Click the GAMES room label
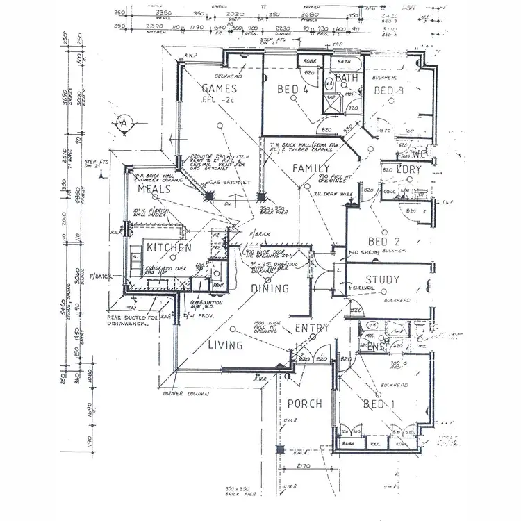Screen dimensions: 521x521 coord(219,89)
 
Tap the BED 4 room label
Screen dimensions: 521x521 coord(292,90)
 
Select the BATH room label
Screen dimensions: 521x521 coord(346,78)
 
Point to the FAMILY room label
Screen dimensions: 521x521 coord(310,169)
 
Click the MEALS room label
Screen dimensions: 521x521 coord(154,189)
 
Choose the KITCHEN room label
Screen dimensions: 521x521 coord(169,248)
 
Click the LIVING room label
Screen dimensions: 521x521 coord(225,345)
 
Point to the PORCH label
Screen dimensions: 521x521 coord(304,404)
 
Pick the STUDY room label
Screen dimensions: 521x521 coord(381,281)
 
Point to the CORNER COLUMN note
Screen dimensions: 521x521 coord(182,394)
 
